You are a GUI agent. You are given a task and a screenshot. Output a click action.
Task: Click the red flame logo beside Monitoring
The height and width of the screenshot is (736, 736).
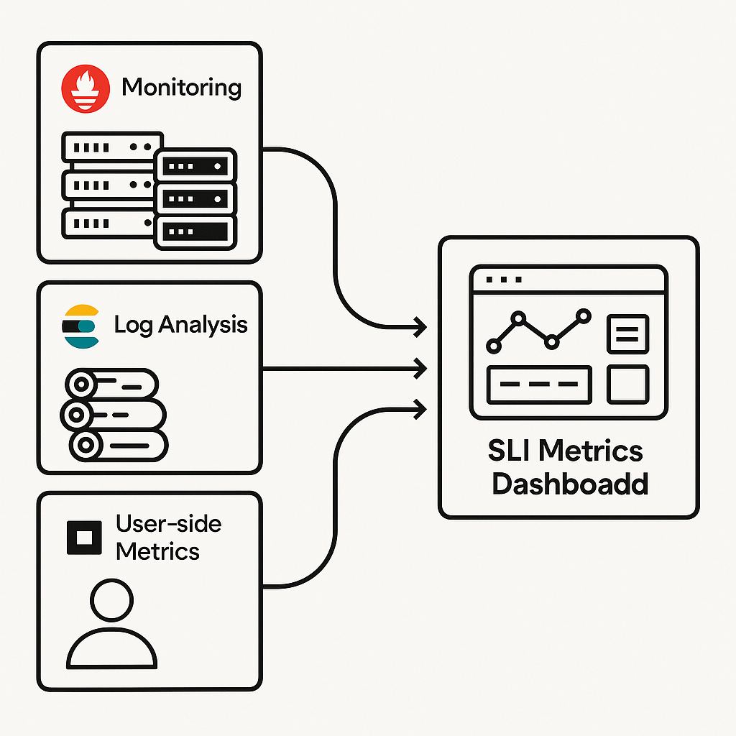(x=86, y=88)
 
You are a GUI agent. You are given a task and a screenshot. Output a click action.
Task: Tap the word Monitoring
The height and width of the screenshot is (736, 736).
(x=182, y=88)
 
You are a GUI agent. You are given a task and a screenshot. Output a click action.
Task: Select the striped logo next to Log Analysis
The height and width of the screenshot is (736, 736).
(x=80, y=326)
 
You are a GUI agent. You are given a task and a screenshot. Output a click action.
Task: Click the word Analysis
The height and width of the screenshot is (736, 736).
(x=203, y=324)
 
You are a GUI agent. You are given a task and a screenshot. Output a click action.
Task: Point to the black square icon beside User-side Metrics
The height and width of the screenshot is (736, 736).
(x=85, y=538)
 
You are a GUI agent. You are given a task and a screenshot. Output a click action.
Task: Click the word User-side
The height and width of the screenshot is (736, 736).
(x=168, y=524)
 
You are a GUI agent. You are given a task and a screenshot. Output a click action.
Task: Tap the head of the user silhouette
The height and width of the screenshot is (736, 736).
(x=111, y=600)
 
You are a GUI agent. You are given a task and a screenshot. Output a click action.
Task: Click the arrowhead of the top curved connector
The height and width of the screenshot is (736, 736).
(x=420, y=327)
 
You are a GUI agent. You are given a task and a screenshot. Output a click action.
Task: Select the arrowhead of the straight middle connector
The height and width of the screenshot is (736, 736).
(x=420, y=369)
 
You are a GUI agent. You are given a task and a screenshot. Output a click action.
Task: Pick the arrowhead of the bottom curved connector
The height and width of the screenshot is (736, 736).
(x=420, y=409)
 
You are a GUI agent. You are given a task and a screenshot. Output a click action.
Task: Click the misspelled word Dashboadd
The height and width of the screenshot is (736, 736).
(x=570, y=484)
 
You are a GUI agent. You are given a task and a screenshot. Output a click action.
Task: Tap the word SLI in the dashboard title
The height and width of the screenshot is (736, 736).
(x=510, y=450)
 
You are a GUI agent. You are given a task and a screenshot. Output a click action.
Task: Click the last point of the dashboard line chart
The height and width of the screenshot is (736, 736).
(x=584, y=316)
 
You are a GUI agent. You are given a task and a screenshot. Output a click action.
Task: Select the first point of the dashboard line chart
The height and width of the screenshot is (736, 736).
(x=494, y=346)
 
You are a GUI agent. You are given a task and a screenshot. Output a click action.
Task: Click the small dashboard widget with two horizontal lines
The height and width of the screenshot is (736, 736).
(x=628, y=333)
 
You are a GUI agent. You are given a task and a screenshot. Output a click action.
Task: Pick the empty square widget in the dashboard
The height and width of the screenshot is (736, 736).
(x=628, y=385)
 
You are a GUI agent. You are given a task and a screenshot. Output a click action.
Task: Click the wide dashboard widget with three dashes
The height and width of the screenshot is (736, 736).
(x=539, y=385)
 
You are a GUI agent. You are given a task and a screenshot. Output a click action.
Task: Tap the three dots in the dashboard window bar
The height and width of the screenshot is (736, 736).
(x=504, y=280)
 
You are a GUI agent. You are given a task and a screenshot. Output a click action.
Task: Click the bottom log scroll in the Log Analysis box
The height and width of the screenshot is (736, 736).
(x=119, y=446)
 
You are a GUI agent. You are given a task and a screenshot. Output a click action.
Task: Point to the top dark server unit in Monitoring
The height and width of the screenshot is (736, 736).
(x=195, y=166)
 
